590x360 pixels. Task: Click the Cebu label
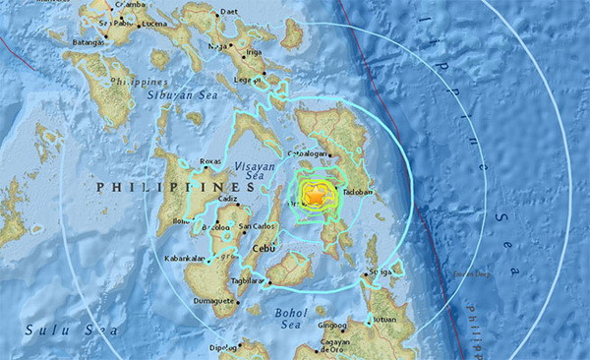264,249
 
